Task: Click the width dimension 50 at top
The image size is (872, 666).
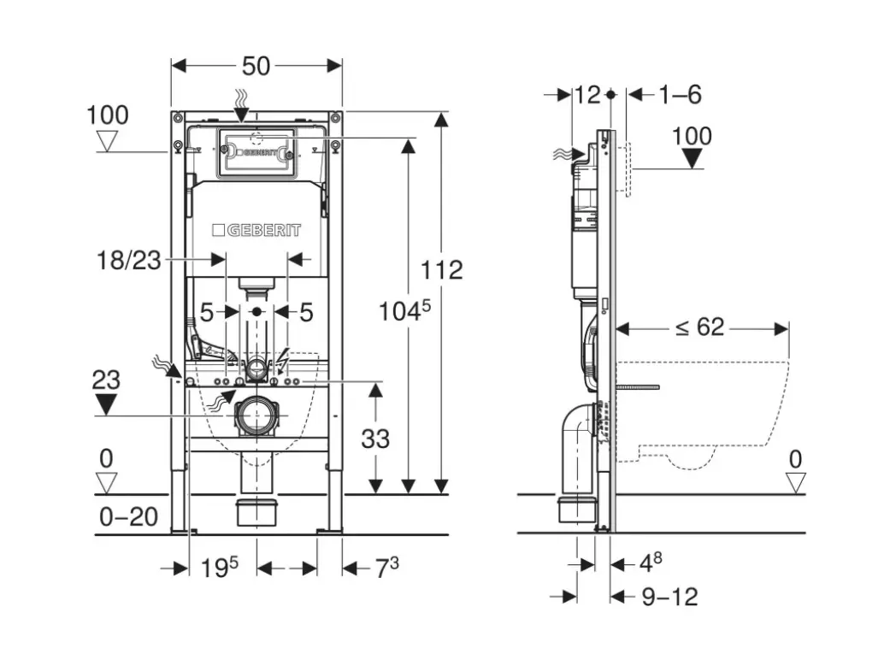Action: coord(256,66)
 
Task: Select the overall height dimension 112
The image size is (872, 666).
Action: coord(442,270)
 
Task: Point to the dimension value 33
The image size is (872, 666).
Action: coord(375,439)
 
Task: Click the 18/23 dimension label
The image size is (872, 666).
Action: coord(129,260)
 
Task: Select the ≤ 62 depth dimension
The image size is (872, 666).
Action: coord(699,327)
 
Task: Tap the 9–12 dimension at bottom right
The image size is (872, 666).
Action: coord(669,597)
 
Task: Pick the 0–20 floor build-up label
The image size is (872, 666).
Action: coord(130,516)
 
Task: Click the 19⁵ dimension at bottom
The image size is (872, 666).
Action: coord(220,567)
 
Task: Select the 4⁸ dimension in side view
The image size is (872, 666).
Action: coord(651,563)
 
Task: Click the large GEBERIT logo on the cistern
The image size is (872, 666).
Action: coord(256,230)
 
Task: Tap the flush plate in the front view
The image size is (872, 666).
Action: coord(256,154)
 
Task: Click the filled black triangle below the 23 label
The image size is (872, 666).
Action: coord(106,404)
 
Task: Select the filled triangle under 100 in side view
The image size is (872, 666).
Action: coord(692,158)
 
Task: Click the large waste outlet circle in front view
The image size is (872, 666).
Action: coord(256,416)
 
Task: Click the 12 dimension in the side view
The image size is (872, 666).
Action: coord(587,94)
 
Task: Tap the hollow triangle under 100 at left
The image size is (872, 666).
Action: coord(108,141)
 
